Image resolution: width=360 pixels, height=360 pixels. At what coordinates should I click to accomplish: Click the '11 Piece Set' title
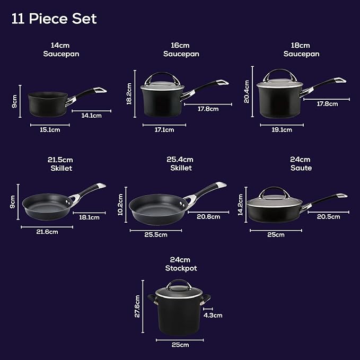point(54,19)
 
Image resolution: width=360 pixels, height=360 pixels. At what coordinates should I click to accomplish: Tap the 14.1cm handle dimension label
point(92,115)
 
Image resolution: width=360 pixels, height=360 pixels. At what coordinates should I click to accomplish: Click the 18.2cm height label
point(129,93)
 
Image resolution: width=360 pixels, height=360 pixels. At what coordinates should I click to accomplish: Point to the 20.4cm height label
point(247,91)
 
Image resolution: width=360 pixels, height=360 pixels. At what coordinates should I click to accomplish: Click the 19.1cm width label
point(282,129)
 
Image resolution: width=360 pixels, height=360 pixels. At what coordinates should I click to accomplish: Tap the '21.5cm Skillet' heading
point(59,164)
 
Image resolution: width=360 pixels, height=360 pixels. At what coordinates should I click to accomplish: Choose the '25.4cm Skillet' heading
point(180,164)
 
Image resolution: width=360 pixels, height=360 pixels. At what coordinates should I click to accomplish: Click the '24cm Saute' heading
point(301,164)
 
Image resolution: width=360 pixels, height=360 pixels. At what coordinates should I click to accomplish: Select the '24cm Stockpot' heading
point(180,264)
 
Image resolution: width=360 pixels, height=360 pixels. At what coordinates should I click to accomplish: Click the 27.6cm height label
point(137,306)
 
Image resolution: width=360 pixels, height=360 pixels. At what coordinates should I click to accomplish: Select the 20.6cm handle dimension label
point(208,216)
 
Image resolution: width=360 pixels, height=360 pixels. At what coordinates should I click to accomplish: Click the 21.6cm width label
point(47,232)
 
